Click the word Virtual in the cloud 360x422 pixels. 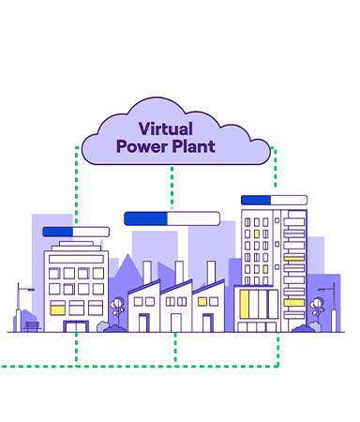(x=165, y=129)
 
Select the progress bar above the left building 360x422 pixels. (x=76, y=232)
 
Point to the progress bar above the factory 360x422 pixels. (x=172, y=219)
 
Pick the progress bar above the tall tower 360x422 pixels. (x=274, y=200)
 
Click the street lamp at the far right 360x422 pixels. (x=330, y=302)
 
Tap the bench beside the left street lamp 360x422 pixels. (x=33, y=326)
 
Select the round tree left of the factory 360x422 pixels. (x=117, y=307)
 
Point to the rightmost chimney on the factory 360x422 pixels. (x=212, y=272)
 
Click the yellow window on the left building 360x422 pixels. (x=57, y=308)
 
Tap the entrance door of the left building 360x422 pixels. (x=75, y=325)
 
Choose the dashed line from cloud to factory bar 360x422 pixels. (x=172, y=188)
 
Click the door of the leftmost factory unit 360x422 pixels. (x=144, y=322)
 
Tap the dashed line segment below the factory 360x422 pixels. (x=175, y=347)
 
